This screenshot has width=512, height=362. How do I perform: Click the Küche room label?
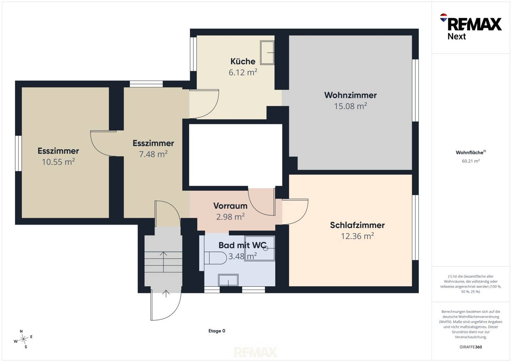pos(243,61)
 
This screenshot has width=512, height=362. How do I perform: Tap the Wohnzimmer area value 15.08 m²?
pos(351,106)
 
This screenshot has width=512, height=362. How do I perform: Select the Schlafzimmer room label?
pos(357,225)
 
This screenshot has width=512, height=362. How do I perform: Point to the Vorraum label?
pos(230,206)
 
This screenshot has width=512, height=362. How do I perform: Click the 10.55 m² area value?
pos(58,162)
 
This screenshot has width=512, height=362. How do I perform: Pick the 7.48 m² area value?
pos(153,154)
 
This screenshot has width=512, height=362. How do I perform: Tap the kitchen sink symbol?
pos(267,53)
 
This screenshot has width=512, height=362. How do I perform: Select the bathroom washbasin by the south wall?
pos(228,280)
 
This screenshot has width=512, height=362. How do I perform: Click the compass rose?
pos(23,339)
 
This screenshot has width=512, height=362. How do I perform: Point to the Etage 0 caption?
pos(217,331)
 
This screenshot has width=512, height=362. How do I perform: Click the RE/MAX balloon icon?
pos(443,17)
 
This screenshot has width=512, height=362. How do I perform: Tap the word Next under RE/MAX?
pos(457,36)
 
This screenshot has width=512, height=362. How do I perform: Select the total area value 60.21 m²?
pos(471,161)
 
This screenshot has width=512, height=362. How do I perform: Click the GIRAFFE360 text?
pos(471,347)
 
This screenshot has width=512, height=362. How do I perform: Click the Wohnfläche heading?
pos(471,153)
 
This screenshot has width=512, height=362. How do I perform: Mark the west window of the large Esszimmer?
pos(18,153)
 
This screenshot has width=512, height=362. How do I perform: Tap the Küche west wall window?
pos(193,54)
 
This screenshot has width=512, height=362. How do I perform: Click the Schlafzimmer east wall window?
pos(415,227)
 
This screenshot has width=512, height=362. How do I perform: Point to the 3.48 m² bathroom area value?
pos(242,256)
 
